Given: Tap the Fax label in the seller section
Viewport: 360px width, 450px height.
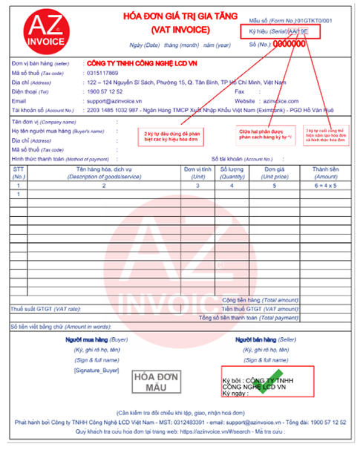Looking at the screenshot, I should [239, 91].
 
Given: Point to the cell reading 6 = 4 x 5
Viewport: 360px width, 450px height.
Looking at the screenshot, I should [325, 185].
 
